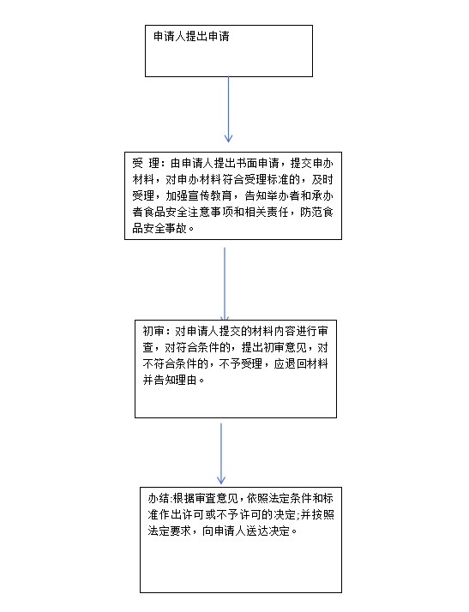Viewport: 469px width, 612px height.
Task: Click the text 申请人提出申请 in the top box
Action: (191, 37)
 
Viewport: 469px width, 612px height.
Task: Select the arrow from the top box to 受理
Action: (228, 110)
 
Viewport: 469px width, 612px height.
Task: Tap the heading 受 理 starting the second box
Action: (146, 163)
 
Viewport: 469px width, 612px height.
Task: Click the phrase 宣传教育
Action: (210, 195)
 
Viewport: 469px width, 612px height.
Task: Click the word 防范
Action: (311, 212)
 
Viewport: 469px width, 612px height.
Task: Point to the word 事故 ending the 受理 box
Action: (176, 228)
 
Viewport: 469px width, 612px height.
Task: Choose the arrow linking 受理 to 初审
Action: (225, 284)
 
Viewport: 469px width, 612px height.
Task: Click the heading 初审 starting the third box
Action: (153, 332)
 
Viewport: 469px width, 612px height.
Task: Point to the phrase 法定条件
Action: (291, 498)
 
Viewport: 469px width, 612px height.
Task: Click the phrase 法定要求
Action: (170, 531)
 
